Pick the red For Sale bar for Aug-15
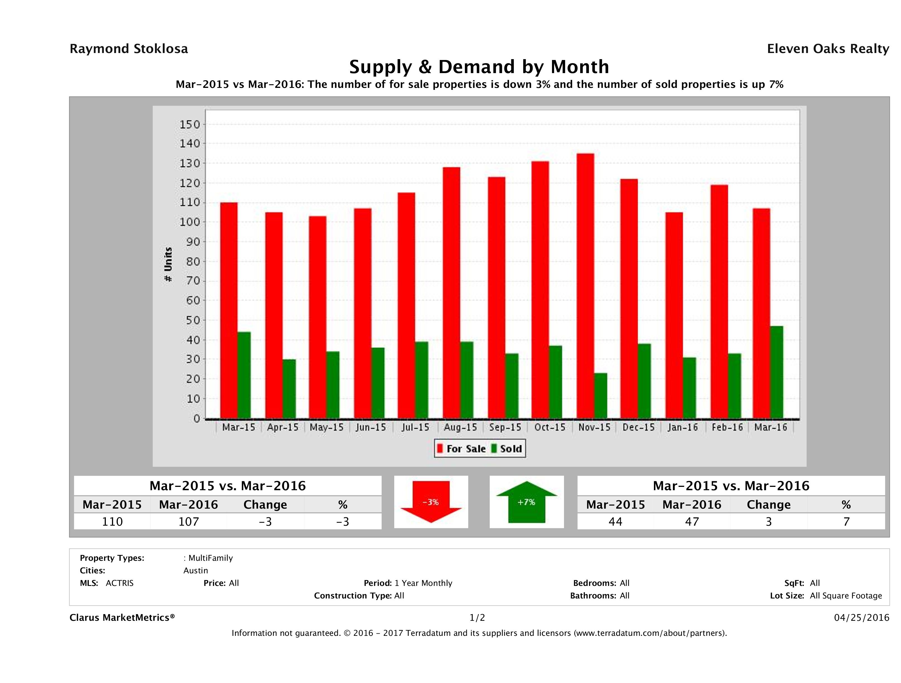click(x=452, y=293)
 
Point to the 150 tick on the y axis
click(x=190, y=124)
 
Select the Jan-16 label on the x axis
click(x=683, y=427)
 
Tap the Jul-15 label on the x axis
click(x=415, y=427)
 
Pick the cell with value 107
click(x=188, y=521)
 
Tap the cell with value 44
click(x=615, y=521)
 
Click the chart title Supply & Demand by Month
click(x=479, y=67)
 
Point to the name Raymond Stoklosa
click(x=129, y=49)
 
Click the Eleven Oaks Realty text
click(x=828, y=49)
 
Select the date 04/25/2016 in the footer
click(x=861, y=617)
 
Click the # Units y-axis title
click(x=168, y=264)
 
